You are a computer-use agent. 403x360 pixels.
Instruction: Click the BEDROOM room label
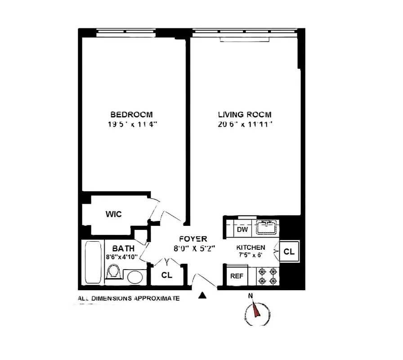pyautogui.click(x=132, y=115)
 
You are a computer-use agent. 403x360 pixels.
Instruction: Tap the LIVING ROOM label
pyautogui.click(x=245, y=115)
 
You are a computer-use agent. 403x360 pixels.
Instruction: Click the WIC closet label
pyautogui.click(x=113, y=214)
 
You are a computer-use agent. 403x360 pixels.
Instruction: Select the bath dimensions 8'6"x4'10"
pyautogui.click(x=122, y=257)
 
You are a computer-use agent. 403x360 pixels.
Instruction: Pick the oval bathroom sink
pyautogui.click(x=135, y=277)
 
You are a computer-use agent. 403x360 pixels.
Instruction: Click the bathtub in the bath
pyautogui.click(x=92, y=263)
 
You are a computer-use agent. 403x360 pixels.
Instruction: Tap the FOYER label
pyautogui.click(x=193, y=239)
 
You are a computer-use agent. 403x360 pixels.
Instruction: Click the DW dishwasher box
pyautogui.click(x=242, y=229)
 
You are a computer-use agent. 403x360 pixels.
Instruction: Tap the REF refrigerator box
pyautogui.click(x=236, y=276)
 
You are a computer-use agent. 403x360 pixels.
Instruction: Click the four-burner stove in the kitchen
pyautogui.click(x=268, y=276)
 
